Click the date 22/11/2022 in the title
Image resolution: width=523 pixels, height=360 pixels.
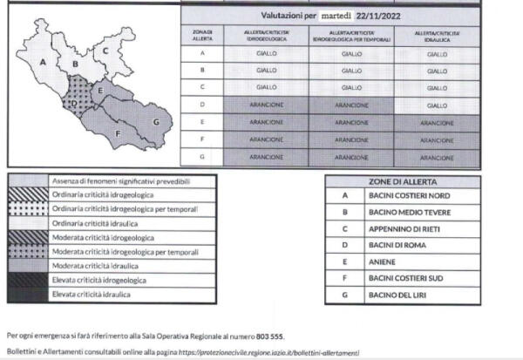379,16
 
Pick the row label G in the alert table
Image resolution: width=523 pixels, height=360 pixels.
201,158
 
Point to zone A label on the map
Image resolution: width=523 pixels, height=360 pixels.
43,62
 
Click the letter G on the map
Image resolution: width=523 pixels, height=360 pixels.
156,122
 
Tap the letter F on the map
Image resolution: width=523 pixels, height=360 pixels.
118,134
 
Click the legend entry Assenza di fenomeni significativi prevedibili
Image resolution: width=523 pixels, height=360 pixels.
132,181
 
